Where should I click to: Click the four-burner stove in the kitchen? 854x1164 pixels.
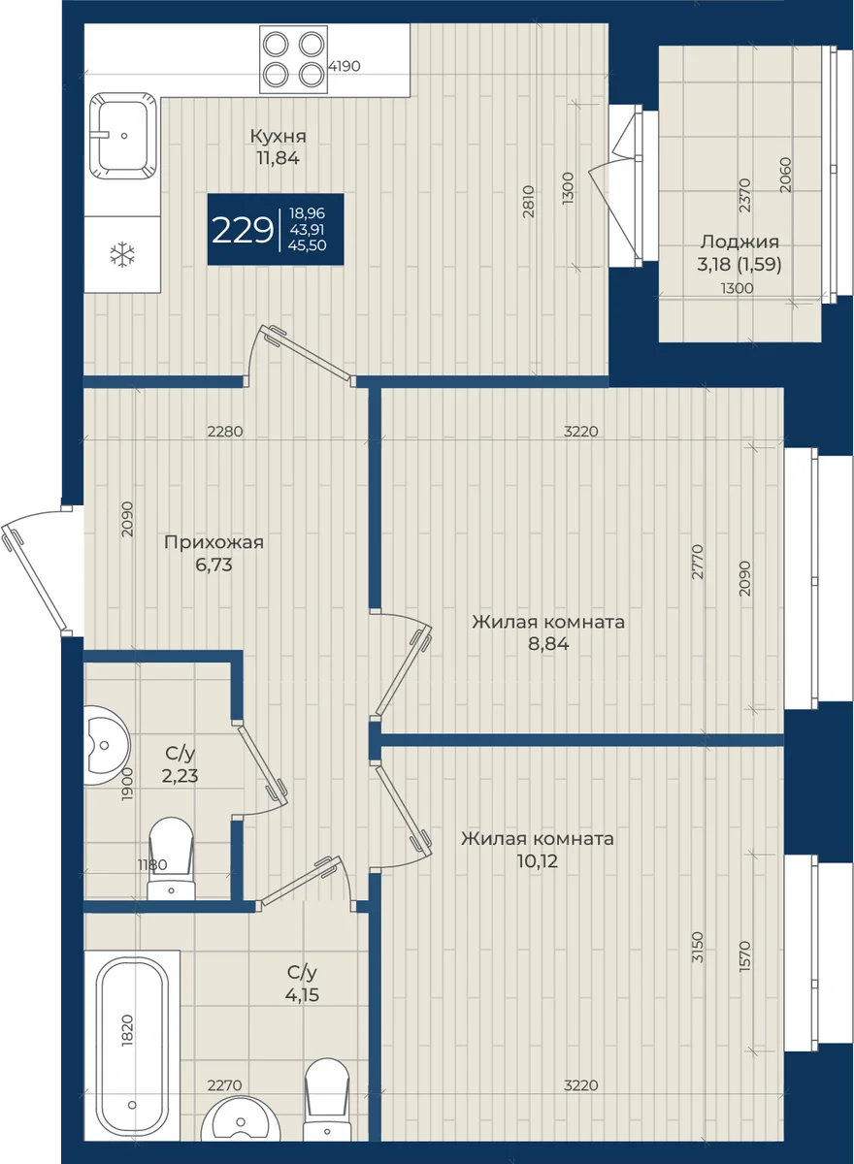294,59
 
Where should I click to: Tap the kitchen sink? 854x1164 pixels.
122,136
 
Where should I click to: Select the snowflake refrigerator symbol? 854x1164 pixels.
122,254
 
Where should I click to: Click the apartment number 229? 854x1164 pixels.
243,230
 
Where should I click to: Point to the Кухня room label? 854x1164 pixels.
279,136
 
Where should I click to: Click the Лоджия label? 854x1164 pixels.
739,242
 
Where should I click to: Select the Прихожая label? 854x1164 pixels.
213,542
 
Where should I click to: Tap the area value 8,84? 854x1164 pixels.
548,644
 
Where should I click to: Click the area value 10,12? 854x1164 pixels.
538,861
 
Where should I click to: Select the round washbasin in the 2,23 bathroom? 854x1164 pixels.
107,746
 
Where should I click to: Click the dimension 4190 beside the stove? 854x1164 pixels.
345,67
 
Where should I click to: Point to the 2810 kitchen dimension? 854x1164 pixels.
528,202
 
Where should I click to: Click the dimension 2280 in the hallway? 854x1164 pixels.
225,432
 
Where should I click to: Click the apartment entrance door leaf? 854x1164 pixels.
36,578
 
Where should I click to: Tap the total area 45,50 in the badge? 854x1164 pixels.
308,245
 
